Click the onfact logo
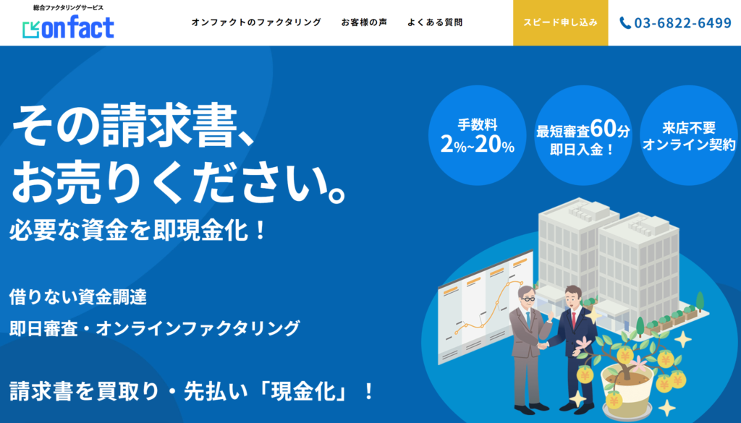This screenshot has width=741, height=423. click(68, 27)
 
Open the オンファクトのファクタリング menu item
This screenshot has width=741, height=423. click(256, 22)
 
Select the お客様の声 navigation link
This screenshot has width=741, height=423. click(364, 22)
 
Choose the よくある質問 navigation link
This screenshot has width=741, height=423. click(435, 22)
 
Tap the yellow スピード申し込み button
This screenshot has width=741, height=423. click(561, 22)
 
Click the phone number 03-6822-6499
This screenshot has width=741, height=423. click(682, 22)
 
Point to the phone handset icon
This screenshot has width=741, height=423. click(625, 22)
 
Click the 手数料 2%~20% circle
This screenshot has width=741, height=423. click(478, 135)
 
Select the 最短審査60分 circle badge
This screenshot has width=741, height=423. click(583, 135)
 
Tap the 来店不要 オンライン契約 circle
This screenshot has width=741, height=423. click(689, 135)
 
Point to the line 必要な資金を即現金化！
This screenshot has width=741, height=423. click(138, 231)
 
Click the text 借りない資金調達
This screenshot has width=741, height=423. click(78, 297)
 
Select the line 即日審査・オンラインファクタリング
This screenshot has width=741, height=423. click(155, 328)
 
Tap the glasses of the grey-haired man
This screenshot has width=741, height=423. click(528, 299)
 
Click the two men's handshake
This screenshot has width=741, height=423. click(543, 346)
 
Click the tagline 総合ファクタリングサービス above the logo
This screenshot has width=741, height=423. click(68, 7)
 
